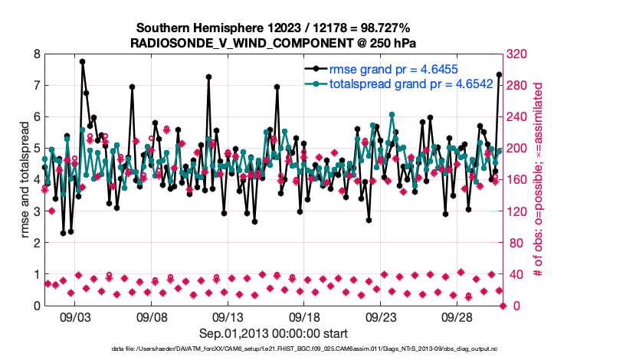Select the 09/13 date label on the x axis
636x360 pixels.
(x=228, y=316)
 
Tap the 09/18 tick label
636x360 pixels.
(x=304, y=316)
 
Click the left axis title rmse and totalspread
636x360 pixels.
(x=24, y=179)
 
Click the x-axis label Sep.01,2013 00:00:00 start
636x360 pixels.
(x=274, y=333)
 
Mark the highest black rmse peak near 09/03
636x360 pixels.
(x=82, y=61)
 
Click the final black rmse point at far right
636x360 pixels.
(x=499, y=74)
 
